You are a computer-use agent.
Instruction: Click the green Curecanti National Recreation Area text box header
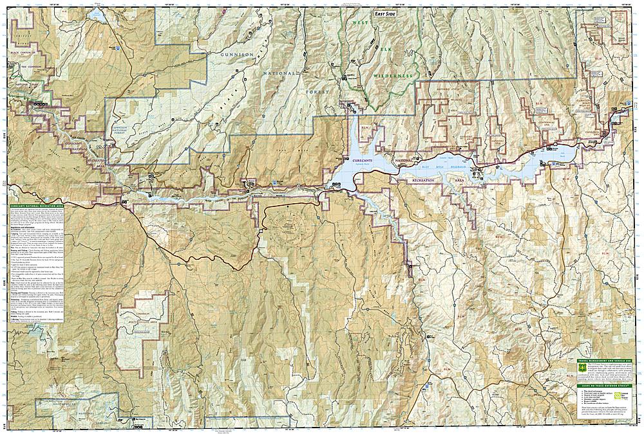[x=37, y=207]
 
